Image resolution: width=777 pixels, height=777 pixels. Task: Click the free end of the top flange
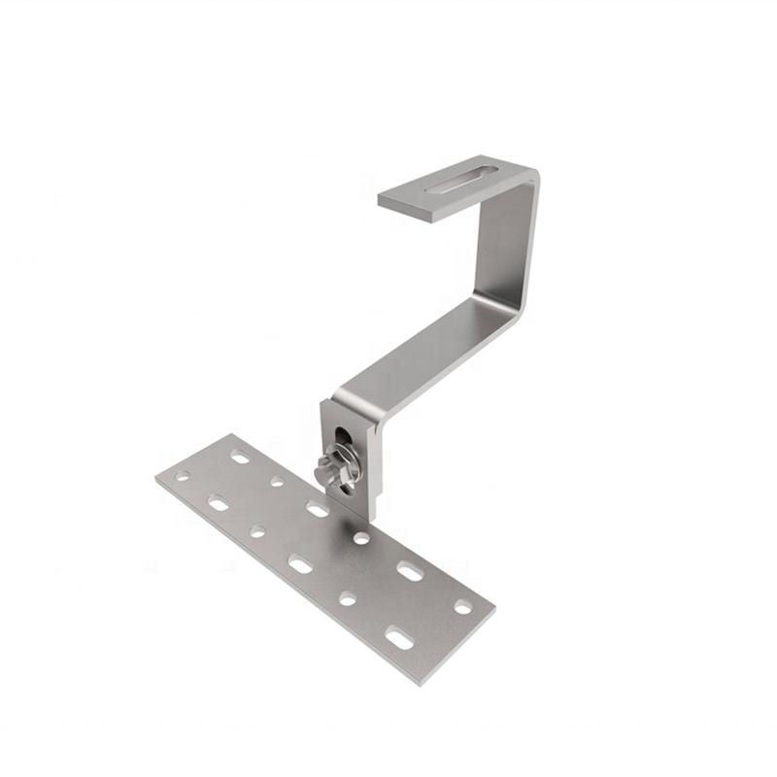388,200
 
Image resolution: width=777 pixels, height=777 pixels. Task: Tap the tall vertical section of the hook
505,243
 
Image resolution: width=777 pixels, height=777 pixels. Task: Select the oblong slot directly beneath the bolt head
317,508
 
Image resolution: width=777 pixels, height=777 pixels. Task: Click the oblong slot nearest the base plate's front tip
399,638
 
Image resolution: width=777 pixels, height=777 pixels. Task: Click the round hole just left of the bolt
278,480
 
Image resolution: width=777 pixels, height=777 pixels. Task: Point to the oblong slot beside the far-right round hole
410,571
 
